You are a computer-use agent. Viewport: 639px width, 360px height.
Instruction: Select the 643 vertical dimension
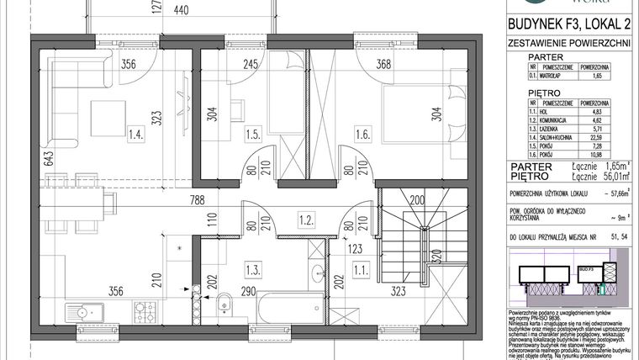pyautogui.click(x=28, y=157)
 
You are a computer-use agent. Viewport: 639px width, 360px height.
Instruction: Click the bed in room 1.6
pyautogui.click(x=420, y=118)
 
